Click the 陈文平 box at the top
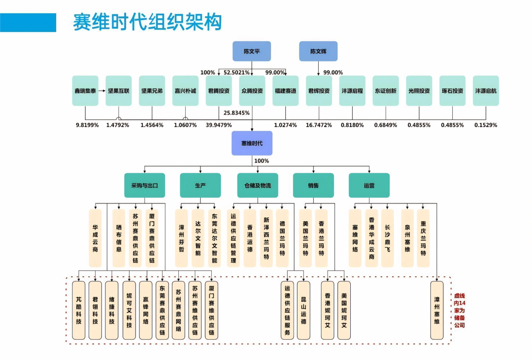tap(252, 51)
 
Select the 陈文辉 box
tap(318, 51)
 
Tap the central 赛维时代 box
tap(252, 143)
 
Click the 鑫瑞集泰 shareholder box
tap(85, 91)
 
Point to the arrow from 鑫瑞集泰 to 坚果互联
tap(101, 91)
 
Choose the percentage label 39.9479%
tap(219, 125)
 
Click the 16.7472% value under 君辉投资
tap(319, 125)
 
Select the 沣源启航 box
tap(486, 91)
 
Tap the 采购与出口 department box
tap(144, 186)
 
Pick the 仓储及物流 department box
tap(258, 186)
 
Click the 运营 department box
tap(369, 186)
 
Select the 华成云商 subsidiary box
tap(95, 238)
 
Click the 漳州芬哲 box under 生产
tap(182, 238)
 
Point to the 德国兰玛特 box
tap(282, 238)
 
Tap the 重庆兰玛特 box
tap(423, 238)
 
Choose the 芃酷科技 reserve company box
tap(79, 310)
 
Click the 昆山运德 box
tap(303, 310)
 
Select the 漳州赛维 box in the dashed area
tap(436, 310)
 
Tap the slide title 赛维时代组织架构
tap(147, 22)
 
